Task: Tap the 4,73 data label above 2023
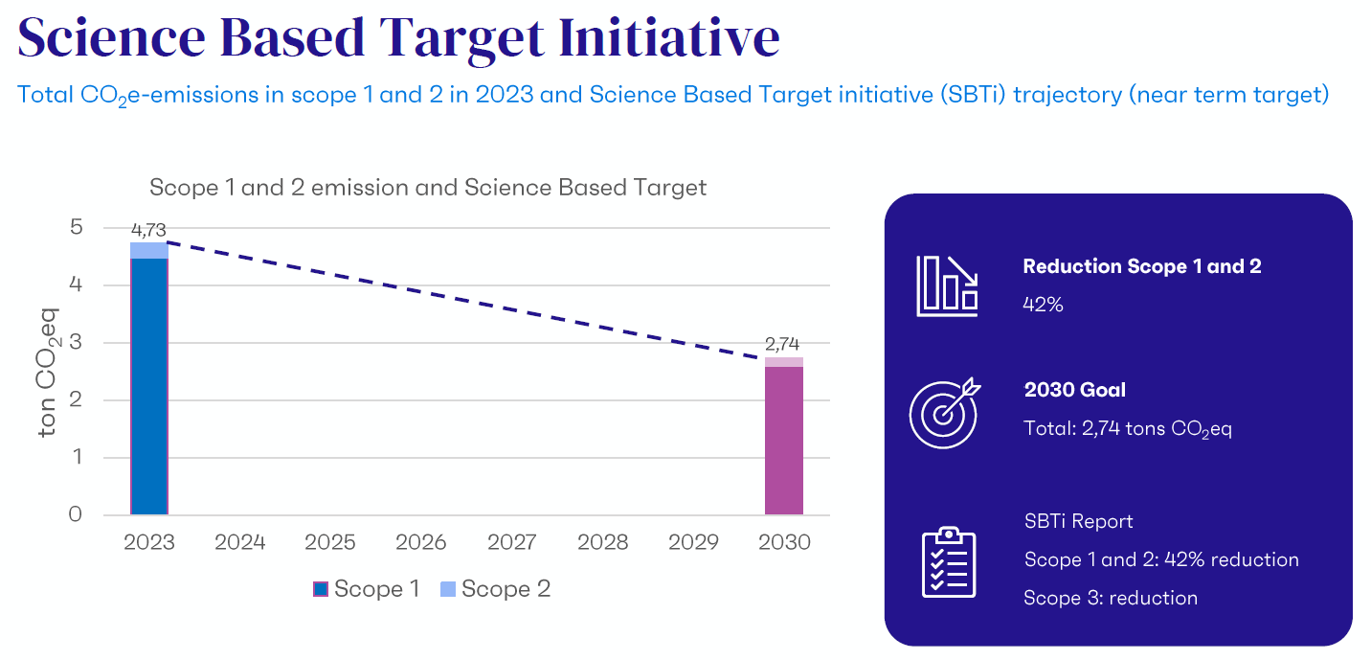pyautogui.click(x=148, y=230)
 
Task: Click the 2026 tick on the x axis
pyautogui.click(x=421, y=542)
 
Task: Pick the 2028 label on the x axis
pyautogui.click(x=602, y=542)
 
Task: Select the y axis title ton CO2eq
pyautogui.click(x=48, y=372)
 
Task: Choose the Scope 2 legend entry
pyautogui.click(x=495, y=588)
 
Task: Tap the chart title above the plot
pyautogui.click(x=427, y=187)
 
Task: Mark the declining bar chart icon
pyautogui.click(x=947, y=285)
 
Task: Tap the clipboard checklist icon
pyautogui.click(x=948, y=562)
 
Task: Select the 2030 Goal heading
pyautogui.click(x=1074, y=390)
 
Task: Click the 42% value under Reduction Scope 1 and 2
pyautogui.click(x=1043, y=305)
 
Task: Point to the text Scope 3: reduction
pyautogui.click(x=1110, y=598)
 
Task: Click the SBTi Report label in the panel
pyautogui.click(x=1078, y=521)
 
